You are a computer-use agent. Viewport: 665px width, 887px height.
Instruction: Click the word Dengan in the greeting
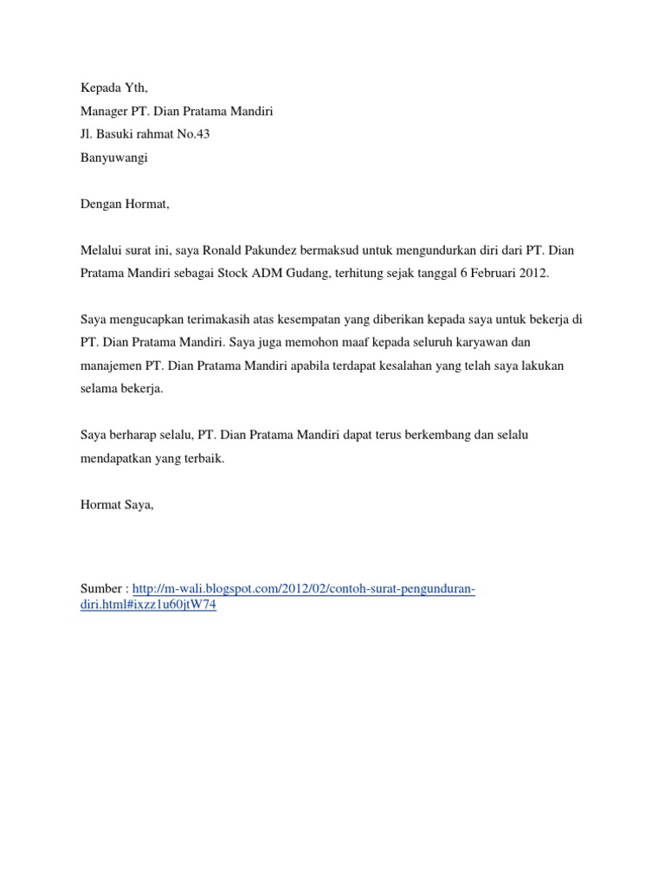[x=100, y=204]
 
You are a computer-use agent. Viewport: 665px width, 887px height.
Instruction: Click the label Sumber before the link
[x=100, y=590]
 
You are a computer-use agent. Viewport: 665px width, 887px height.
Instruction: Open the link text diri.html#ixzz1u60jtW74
[x=147, y=606]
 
